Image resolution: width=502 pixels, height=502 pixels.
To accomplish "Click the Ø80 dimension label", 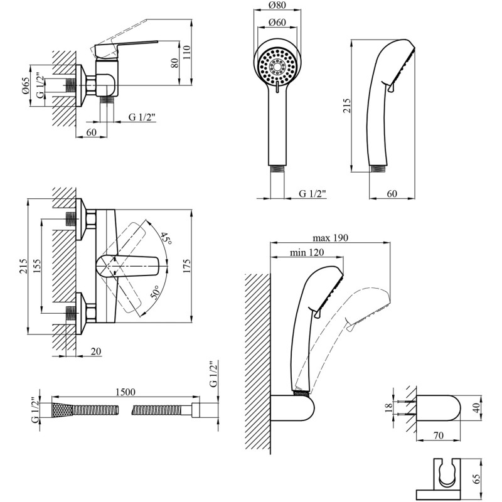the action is tap(277, 5).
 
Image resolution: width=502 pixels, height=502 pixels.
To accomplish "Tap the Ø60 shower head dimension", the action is tap(277, 22).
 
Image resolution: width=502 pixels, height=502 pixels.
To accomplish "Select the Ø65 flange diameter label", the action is tap(26, 86).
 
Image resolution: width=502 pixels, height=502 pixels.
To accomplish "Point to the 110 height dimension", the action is tap(186, 52).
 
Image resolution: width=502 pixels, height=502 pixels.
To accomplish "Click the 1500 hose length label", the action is tap(125, 392).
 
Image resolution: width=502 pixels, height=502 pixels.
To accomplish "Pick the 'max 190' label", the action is tap(330, 238).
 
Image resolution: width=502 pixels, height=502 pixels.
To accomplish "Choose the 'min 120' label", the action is tap(307, 253).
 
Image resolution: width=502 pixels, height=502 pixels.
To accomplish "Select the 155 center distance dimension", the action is tap(37, 266).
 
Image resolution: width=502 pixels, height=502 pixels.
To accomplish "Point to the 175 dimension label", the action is tap(186, 265).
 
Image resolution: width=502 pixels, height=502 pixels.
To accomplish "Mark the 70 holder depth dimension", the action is tap(439, 435).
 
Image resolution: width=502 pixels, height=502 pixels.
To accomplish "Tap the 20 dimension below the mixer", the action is tap(96, 351).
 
